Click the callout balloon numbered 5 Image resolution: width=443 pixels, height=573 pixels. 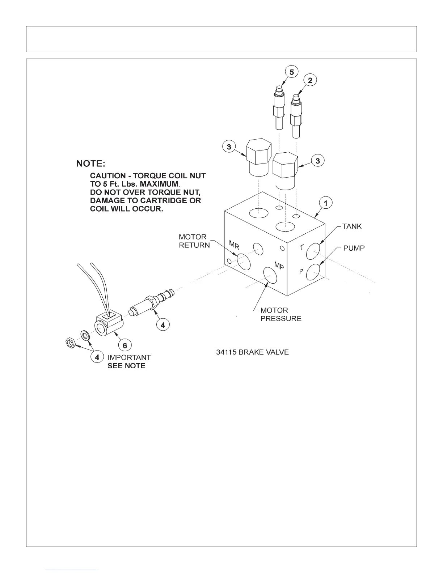(x=291, y=72)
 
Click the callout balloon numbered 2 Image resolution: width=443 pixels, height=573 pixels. (x=310, y=80)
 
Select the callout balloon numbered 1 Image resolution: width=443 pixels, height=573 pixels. (x=326, y=203)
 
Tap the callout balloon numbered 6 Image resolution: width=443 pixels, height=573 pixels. (x=125, y=345)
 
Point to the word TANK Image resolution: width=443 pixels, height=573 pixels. (x=352, y=226)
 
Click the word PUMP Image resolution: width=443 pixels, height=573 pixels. (x=354, y=248)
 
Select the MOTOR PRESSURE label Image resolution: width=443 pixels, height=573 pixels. (x=280, y=314)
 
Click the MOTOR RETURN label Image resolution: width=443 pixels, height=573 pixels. (x=194, y=241)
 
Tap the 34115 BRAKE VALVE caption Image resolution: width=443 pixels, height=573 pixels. (x=252, y=352)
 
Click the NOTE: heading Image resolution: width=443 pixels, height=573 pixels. (x=90, y=164)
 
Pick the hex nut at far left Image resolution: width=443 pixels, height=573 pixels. (x=69, y=342)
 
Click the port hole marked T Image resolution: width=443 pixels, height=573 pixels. (x=313, y=251)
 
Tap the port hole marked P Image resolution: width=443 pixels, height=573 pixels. (x=313, y=272)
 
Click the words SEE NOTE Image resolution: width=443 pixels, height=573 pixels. (x=126, y=366)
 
